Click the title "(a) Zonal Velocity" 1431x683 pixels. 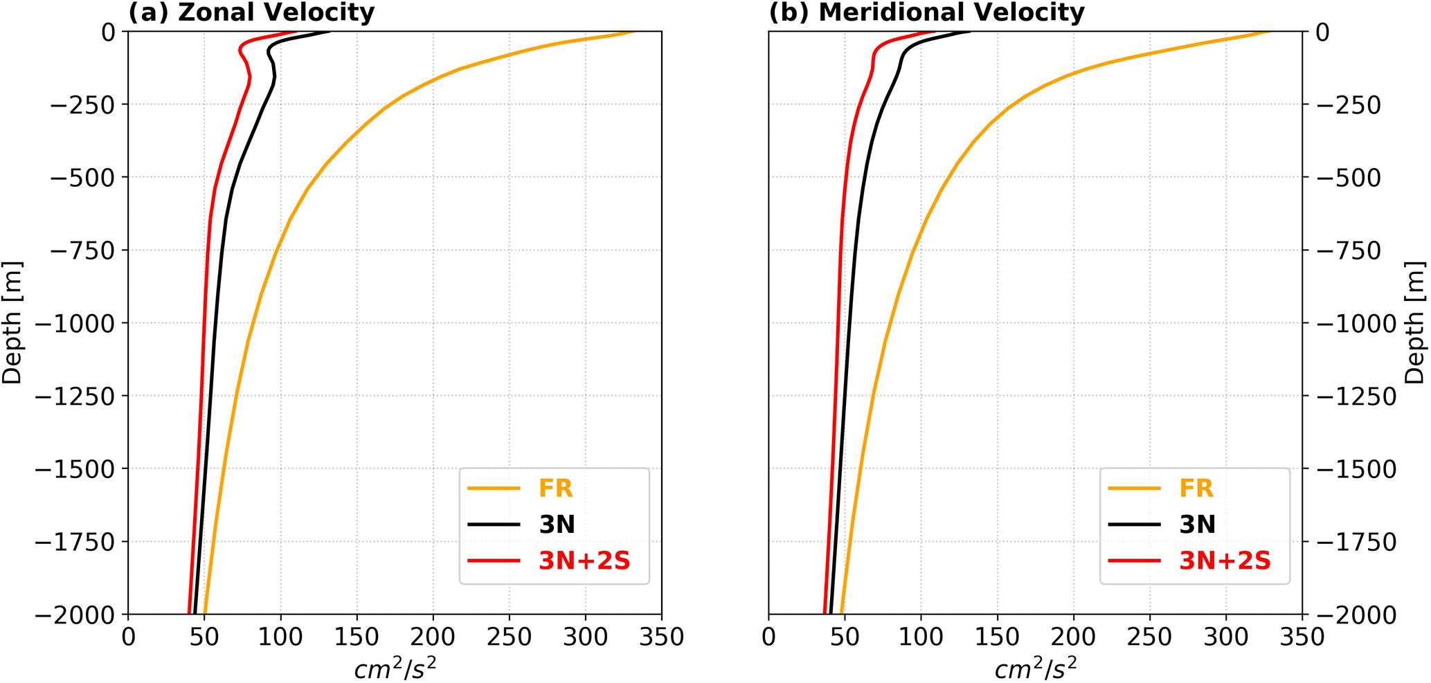251,12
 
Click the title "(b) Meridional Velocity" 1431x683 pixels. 926,12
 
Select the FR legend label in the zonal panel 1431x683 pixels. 556,489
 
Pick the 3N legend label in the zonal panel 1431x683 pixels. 557,525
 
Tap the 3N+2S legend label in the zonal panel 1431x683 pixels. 584,561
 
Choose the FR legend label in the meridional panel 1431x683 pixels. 1196,489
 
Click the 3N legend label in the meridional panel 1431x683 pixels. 1198,525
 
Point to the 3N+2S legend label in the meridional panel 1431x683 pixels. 1225,561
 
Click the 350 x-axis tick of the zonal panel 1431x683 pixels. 661,637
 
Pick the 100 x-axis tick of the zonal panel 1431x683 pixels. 280,637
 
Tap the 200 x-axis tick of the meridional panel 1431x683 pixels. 1073,637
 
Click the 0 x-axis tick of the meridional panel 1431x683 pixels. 768,637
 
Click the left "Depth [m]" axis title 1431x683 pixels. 12,322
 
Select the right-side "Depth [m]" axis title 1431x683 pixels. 1416,322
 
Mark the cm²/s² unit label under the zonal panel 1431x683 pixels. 395,668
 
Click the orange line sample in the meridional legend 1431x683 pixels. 1134,489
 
